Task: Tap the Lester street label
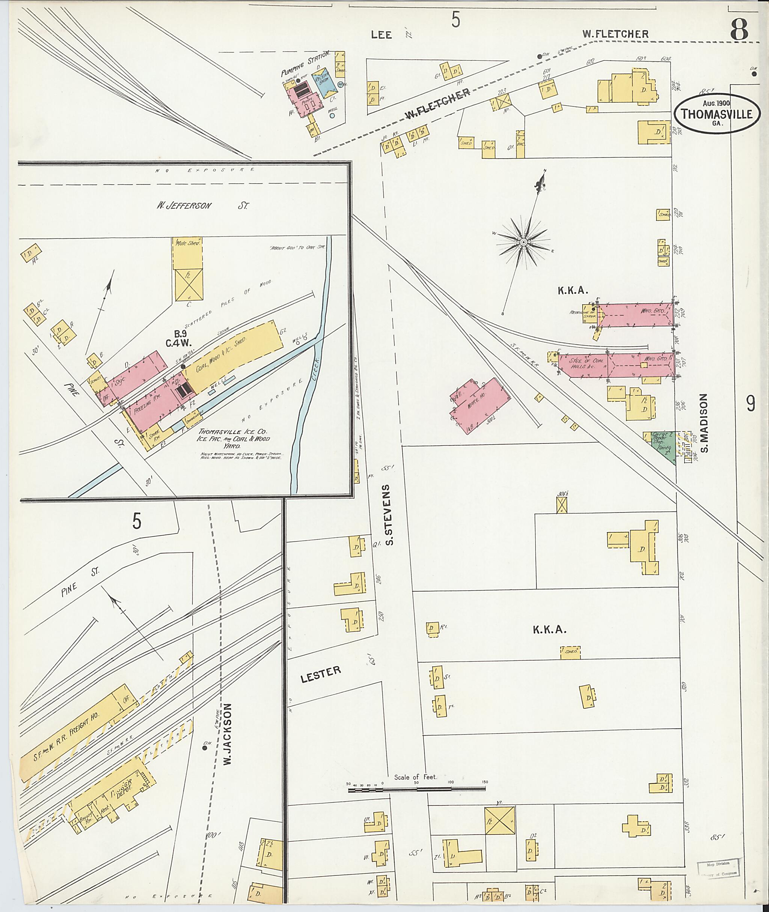point(320,674)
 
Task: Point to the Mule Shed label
point(187,243)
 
